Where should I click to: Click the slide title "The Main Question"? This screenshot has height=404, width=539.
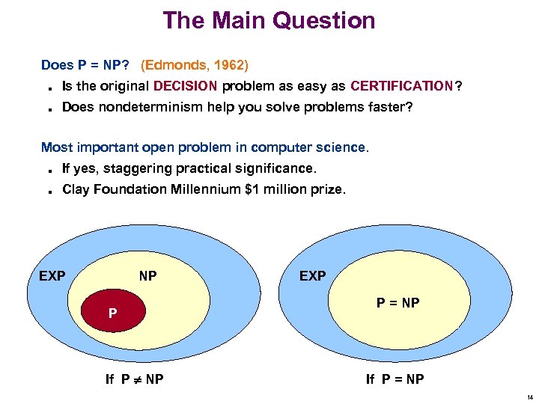269,20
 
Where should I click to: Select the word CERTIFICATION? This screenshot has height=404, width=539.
401,86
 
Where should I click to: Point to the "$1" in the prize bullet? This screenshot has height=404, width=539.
252,189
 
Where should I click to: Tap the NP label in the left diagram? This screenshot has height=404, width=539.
147,276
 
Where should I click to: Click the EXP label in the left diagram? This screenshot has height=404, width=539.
52,276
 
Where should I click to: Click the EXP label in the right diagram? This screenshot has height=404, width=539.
312,276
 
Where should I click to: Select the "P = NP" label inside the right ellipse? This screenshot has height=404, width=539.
398,303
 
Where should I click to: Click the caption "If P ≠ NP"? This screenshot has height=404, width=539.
135,379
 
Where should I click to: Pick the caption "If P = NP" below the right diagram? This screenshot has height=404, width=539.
395,379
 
